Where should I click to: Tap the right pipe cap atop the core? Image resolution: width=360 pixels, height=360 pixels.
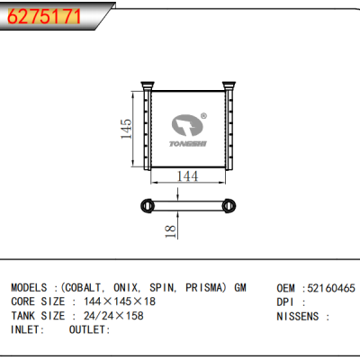(229, 86)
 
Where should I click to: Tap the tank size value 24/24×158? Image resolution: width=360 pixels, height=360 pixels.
(112, 316)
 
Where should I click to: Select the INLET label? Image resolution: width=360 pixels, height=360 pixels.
(28, 329)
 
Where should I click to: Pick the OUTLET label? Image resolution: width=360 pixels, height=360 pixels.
(89, 329)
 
